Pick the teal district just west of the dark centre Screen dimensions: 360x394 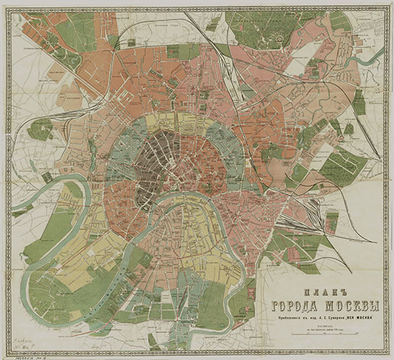click(x=120, y=153)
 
